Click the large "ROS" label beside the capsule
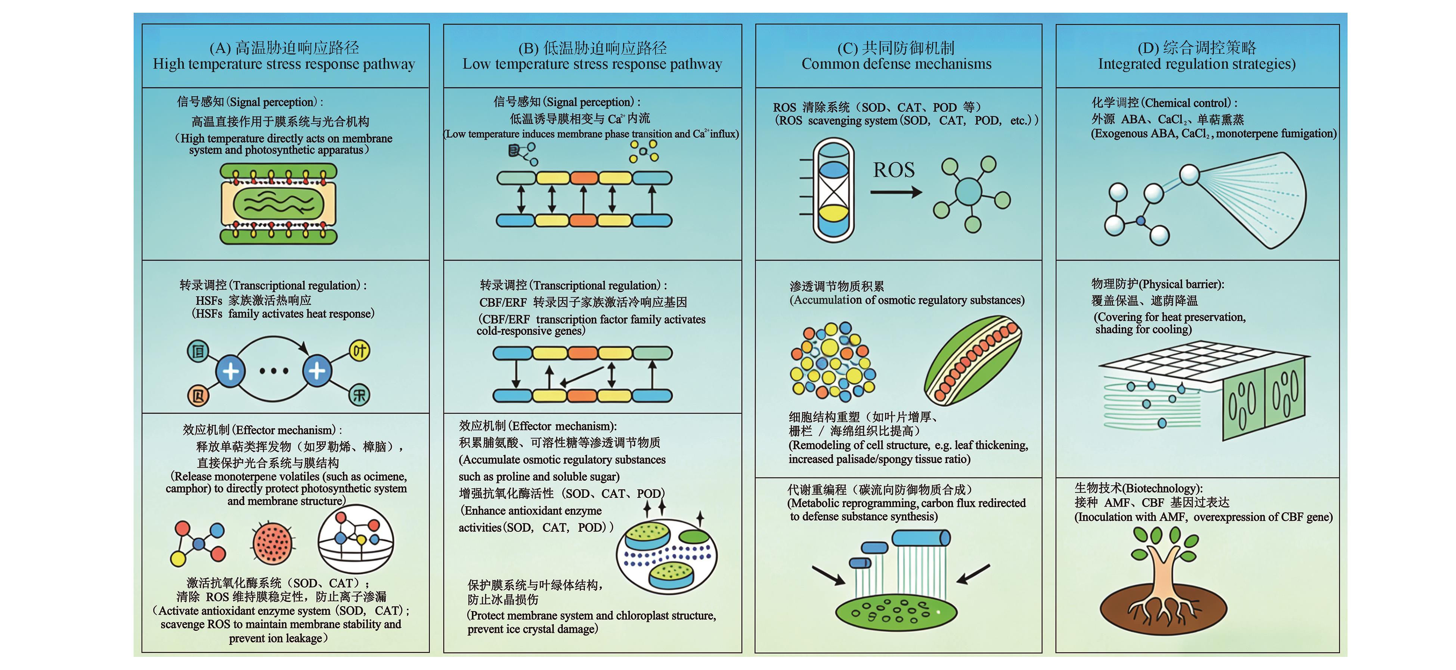893,170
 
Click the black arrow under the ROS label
896,193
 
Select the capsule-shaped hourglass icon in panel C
834,190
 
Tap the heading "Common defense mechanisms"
896,64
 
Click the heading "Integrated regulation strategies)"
1196,64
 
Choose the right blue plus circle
317,371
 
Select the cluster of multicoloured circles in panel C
833,361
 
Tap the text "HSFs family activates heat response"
283,314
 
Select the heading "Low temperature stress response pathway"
592,64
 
